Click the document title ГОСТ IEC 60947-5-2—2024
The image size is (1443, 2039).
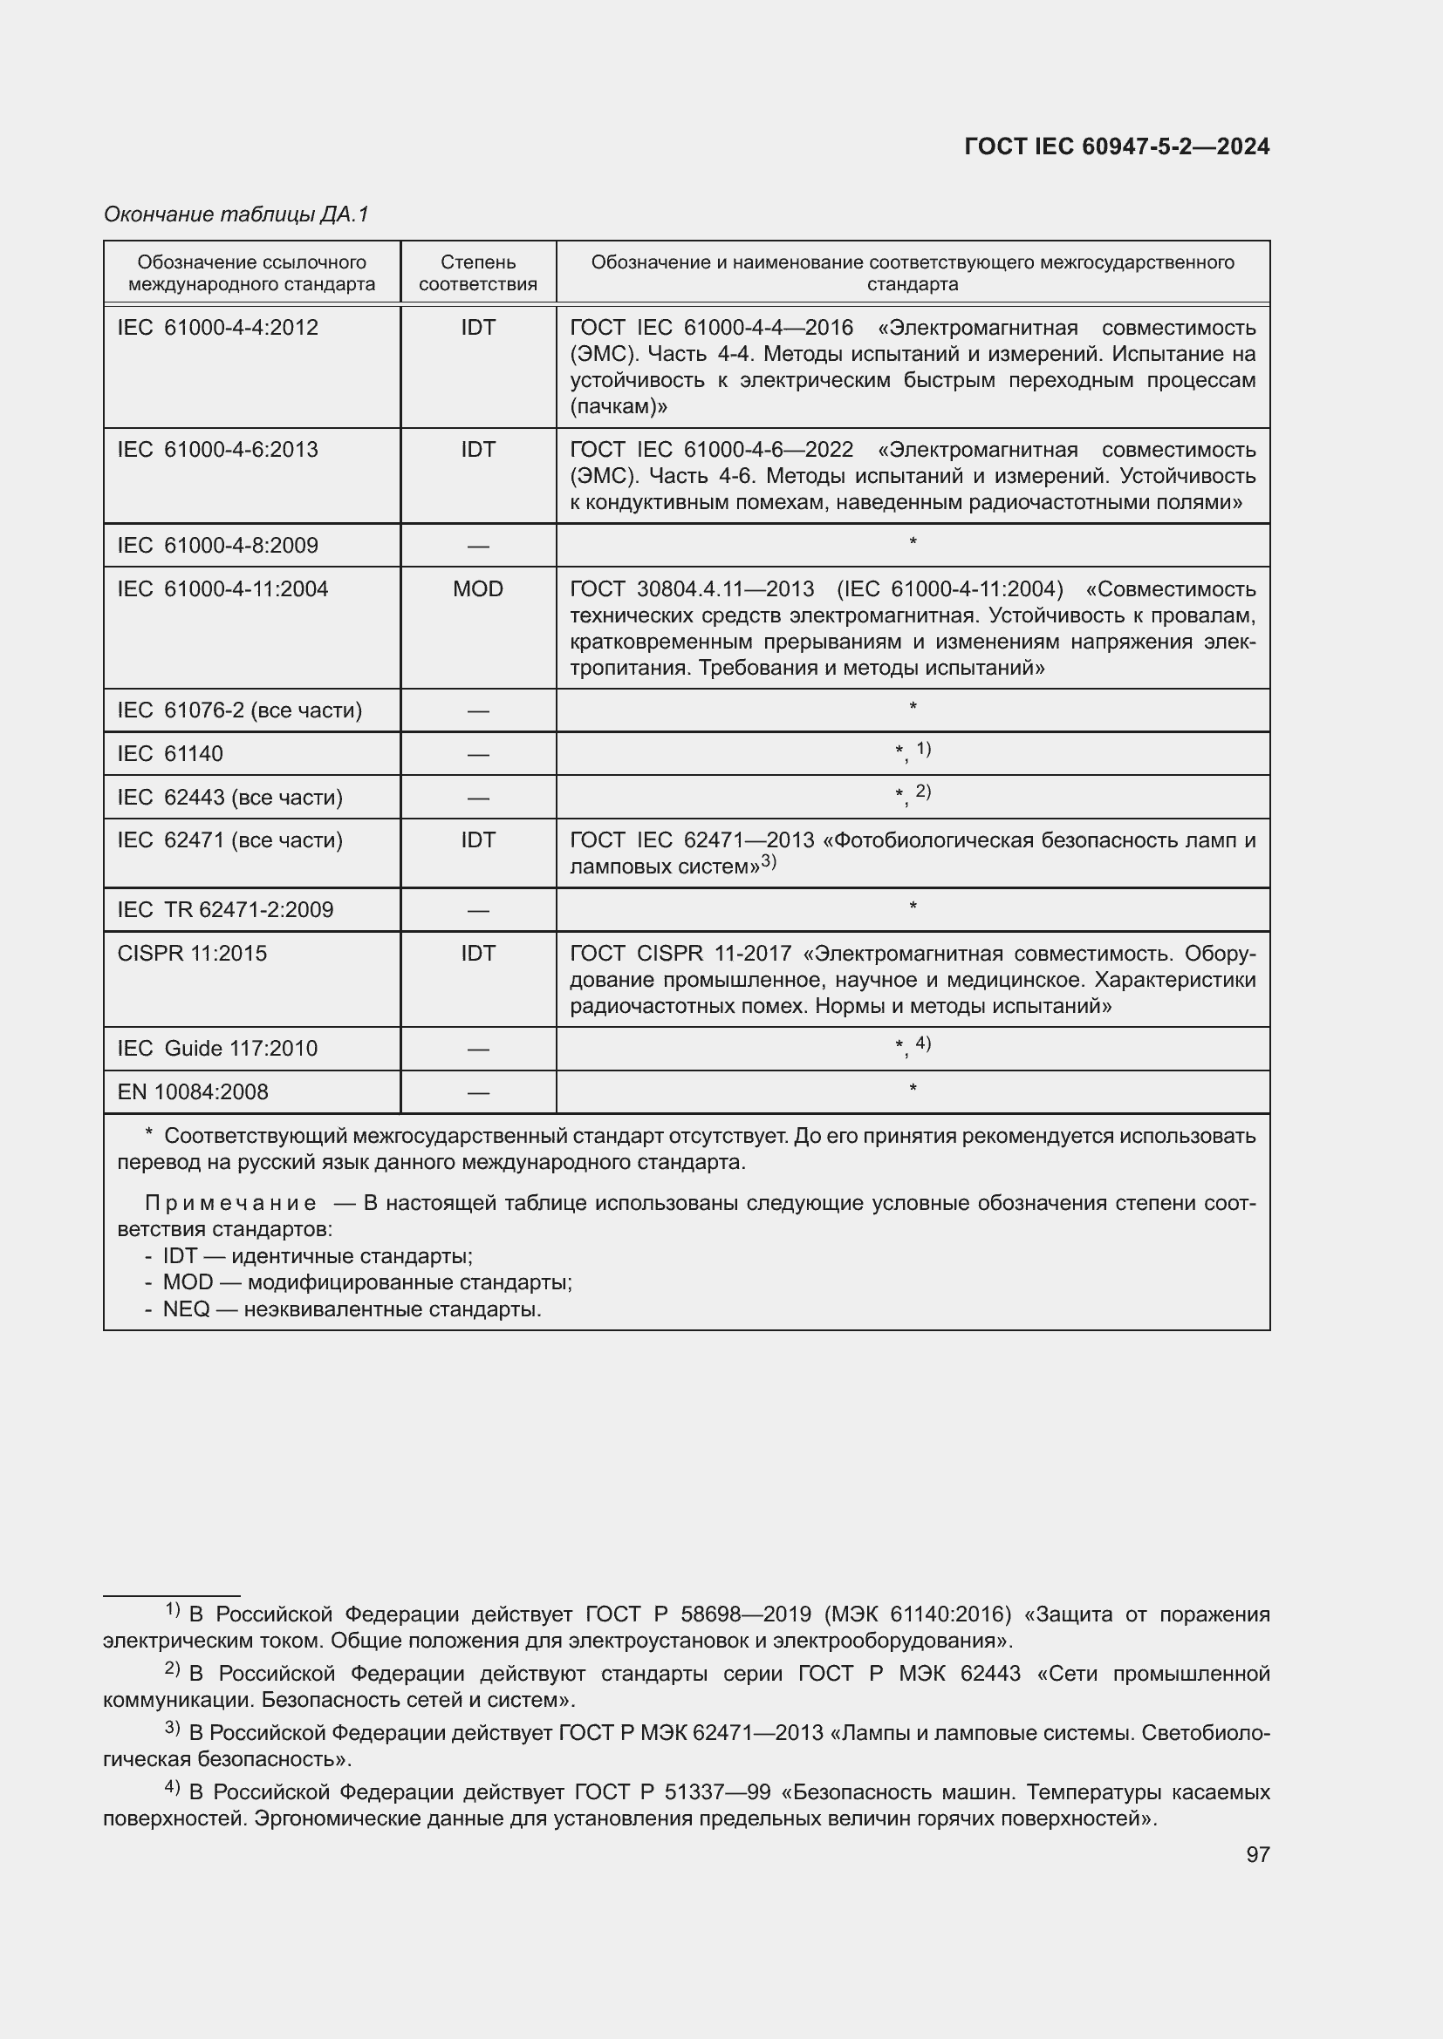click(1116, 146)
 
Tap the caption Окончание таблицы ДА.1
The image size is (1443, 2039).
click(236, 214)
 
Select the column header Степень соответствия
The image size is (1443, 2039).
click(478, 273)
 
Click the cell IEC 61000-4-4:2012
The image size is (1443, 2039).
click(218, 328)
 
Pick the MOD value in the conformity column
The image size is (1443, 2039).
click(478, 588)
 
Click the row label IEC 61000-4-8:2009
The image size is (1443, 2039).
click(218, 545)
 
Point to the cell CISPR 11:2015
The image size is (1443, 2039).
click(192, 953)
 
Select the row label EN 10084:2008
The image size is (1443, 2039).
click(193, 1091)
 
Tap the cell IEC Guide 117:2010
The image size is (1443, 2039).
click(218, 1048)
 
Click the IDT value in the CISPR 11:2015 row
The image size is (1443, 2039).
click(478, 953)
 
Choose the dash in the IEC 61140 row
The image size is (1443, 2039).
click(478, 755)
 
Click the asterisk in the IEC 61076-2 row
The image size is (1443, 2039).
click(913, 708)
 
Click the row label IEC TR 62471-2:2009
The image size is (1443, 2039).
click(226, 909)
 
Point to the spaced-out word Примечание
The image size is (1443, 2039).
click(230, 1203)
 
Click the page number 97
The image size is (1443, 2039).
click(1257, 1854)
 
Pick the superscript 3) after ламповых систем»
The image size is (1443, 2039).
click(769, 860)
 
